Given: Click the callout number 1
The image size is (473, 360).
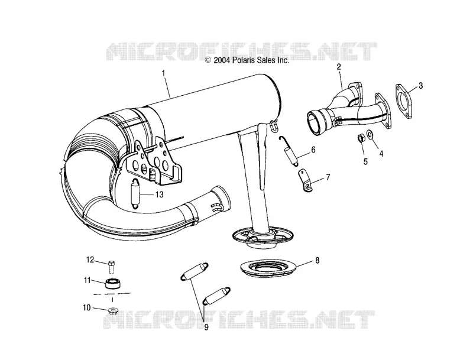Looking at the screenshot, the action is [164, 73].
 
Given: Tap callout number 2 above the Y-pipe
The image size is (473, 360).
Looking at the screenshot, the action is [339, 67].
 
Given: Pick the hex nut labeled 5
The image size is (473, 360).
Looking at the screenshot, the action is [361, 139].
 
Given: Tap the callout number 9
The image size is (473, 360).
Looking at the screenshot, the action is [206, 327].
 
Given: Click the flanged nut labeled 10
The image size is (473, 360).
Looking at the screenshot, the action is [113, 310].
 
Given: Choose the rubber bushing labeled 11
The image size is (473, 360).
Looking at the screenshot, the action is [113, 284].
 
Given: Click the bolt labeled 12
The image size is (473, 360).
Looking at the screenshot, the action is [111, 266].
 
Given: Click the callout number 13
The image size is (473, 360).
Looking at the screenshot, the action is [159, 194].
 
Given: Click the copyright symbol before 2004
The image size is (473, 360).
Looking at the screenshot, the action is [208, 60].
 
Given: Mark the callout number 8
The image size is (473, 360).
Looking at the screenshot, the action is [318, 260].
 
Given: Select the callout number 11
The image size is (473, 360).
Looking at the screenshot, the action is [87, 280].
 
